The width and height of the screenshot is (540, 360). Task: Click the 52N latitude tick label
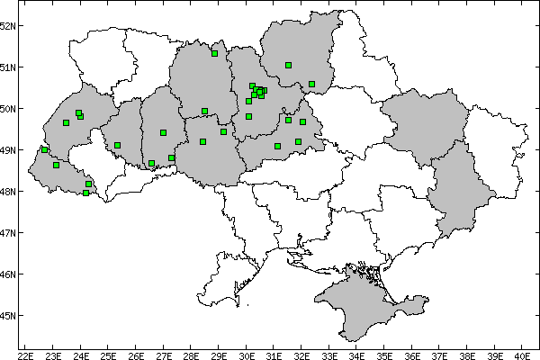(8, 26)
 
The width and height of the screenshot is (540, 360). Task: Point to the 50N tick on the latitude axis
(8, 109)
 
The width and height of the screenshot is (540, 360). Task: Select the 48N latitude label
(8, 192)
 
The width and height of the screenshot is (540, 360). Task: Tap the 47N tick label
(8, 233)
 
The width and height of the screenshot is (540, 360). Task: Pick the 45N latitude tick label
(8, 316)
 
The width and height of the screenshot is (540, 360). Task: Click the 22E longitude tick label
(25, 355)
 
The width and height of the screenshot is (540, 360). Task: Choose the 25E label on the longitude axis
(108, 355)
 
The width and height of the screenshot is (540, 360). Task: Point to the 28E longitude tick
(192, 355)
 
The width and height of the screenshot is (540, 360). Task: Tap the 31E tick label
(274, 355)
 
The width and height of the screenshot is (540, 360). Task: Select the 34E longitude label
(357, 355)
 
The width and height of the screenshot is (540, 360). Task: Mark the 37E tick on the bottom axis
(440, 355)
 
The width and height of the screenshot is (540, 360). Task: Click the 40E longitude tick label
(523, 355)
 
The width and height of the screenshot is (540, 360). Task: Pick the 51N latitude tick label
(8, 67)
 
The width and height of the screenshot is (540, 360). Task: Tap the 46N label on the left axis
(8, 274)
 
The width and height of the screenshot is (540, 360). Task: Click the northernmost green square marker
(215, 54)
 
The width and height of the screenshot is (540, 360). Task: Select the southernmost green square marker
(85, 193)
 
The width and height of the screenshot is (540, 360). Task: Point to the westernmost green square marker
(44, 149)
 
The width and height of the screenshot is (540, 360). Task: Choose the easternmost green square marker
(311, 85)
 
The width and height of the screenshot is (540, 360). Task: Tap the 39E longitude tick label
(496, 355)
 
